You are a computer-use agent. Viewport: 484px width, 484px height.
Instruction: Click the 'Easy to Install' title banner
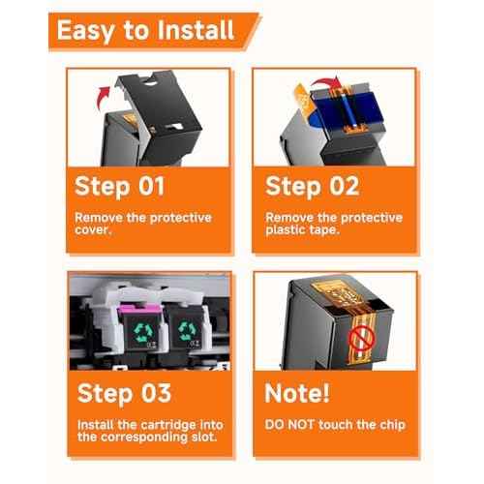153,31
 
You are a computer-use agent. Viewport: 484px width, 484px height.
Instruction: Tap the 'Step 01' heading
119,187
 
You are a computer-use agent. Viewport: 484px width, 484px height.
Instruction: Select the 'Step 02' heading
312,187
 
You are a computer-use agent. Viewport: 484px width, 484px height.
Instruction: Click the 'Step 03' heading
124,394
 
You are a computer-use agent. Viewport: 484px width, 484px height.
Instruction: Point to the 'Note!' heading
297,393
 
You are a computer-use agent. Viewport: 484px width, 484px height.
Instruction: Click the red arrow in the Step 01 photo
104,98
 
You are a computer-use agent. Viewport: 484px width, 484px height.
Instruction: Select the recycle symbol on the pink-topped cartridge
142,332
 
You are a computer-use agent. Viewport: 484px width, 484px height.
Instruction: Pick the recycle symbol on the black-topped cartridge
187,331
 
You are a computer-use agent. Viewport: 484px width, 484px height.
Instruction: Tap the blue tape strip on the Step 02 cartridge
350,108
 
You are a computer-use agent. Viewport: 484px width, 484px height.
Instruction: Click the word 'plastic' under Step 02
286,230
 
